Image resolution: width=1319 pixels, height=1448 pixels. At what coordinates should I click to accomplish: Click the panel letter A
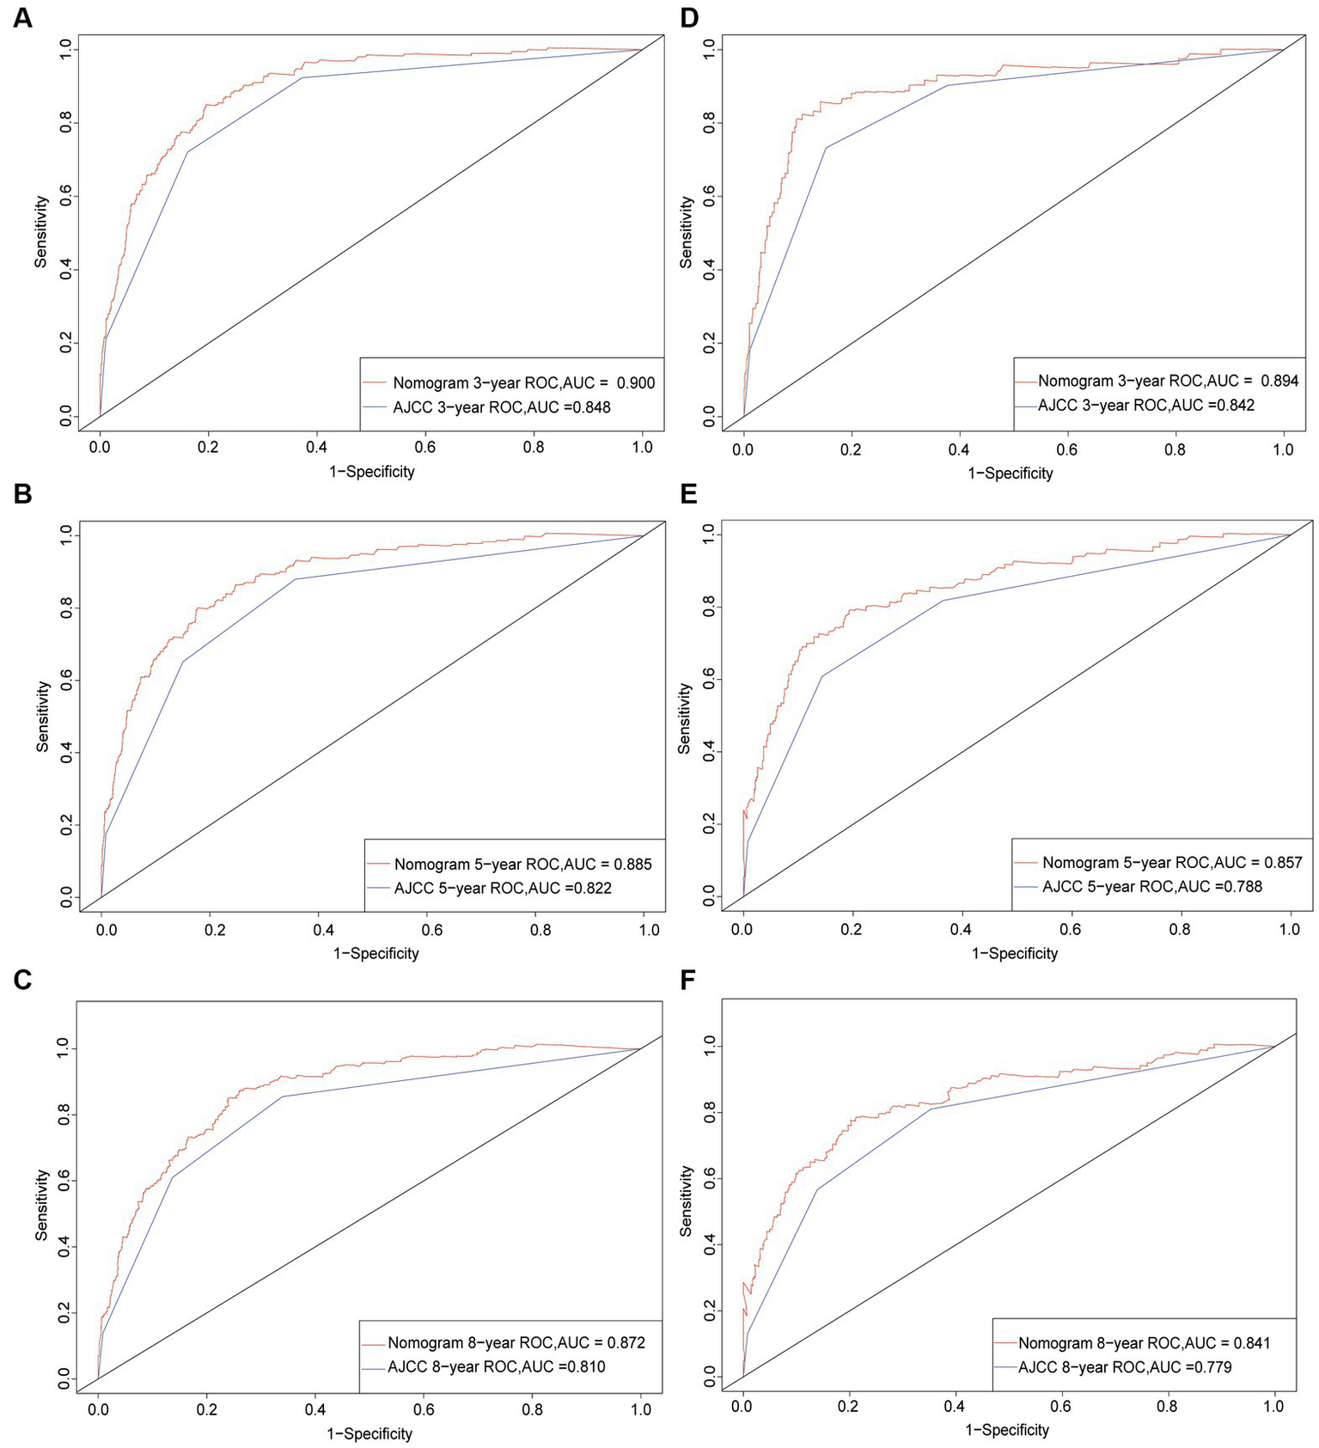(x=22, y=17)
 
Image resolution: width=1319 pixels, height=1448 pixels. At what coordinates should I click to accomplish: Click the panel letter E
(x=688, y=495)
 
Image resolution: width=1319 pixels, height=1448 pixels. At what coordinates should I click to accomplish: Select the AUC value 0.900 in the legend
(x=636, y=383)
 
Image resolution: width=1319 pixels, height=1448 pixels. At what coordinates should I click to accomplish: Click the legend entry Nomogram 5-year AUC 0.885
(x=522, y=864)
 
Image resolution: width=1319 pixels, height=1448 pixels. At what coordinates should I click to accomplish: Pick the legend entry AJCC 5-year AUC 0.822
(x=503, y=888)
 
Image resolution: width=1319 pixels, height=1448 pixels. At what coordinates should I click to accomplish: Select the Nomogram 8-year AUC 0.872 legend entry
(x=516, y=1342)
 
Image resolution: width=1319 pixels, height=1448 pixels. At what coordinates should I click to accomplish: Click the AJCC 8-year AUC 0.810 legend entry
(x=496, y=1366)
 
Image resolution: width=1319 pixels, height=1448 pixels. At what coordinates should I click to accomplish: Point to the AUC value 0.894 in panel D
(x=1279, y=381)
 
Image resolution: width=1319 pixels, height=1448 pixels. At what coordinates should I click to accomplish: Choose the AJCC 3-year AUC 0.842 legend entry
(x=1146, y=405)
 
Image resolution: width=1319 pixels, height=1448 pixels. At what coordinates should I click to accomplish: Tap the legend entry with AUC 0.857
(x=1172, y=862)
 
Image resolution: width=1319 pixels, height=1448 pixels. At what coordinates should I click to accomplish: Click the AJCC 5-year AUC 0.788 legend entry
(x=1152, y=886)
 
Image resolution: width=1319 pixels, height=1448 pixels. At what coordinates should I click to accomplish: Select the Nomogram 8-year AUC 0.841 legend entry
(x=1144, y=1342)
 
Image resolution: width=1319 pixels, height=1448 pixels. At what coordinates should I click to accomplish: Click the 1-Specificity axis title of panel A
(x=371, y=472)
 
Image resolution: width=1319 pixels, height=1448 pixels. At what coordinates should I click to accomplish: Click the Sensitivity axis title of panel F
(x=686, y=1201)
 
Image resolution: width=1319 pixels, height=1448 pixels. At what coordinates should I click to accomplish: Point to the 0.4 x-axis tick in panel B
(x=323, y=930)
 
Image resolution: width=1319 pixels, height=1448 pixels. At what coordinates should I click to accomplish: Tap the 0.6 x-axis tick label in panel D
(x=1066, y=449)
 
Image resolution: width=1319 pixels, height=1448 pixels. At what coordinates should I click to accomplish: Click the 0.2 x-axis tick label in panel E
(x=852, y=929)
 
